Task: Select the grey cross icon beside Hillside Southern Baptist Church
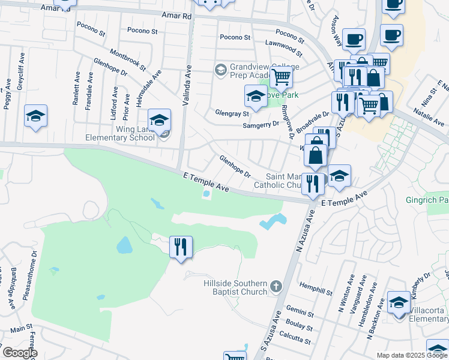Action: tap(276, 287)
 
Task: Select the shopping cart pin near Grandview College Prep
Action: tap(280, 77)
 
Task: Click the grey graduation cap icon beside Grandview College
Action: tap(220, 70)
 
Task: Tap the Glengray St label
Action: tap(232, 113)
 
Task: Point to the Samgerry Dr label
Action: tap(261, 124)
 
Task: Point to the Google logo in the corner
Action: tap(20, 352)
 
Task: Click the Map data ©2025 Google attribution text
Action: tap(411, 355)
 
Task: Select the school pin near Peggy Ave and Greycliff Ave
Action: tap(36, 116)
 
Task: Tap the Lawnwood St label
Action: tap(283, 44)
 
